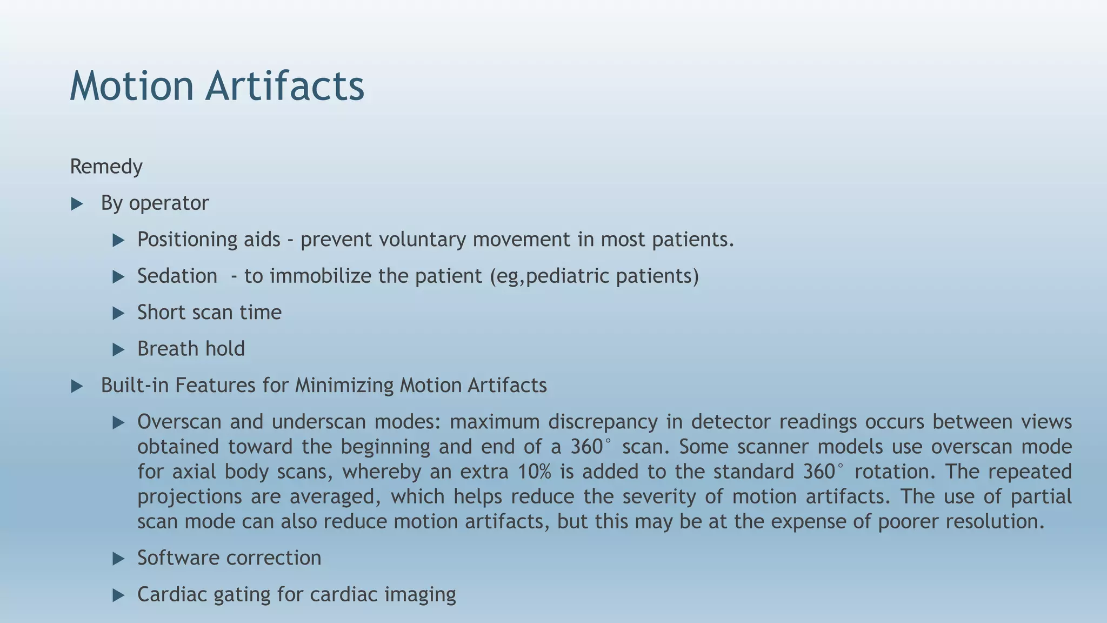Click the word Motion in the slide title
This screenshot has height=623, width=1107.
tap(131, 86)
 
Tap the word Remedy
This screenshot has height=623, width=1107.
tap(106, 167)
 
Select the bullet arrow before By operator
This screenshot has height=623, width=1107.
tap(77, 204)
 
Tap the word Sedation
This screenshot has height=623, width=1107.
tap(177, 276)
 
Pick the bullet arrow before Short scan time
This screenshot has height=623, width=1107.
tap(118, 313)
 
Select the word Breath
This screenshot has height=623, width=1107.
tap(169, 349)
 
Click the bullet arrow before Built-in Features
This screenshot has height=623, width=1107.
tap(77, 386)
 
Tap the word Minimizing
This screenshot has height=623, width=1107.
tap(344, 386)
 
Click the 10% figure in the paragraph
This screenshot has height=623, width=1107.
tap(534, 472)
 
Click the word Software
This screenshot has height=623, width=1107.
tap(177, 558)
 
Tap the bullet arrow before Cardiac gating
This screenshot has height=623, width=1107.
tap(118, 595)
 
